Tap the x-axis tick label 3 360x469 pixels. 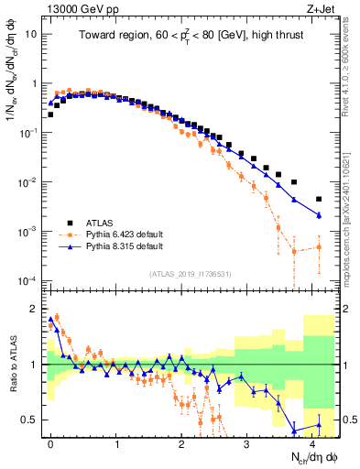[x=246, y=442]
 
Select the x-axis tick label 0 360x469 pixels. [x=50, y=442]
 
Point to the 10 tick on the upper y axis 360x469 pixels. [x=29, y=34]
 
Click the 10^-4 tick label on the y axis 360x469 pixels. [x=27, y=280]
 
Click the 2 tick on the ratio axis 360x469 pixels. [x=31, y=308]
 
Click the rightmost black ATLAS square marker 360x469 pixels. [x=319, y=199]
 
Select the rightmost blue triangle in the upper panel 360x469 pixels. [x=319, y=215]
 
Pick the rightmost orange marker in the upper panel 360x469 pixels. [x=319, y=246]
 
